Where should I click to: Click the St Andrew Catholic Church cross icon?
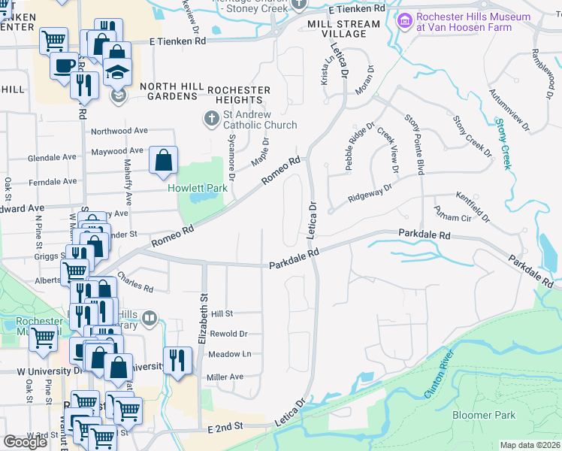point(212,118)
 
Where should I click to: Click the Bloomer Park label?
point(484,415)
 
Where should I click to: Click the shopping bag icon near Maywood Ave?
point(163,160)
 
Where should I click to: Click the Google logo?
point(25,442)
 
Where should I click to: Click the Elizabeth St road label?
point(202,319)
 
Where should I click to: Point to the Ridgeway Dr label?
point(370,194)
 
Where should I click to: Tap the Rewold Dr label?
point(230,334)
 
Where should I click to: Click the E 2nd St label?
point(227,426)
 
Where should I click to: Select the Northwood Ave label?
point(119,131)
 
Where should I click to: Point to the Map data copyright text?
point(530,445)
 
